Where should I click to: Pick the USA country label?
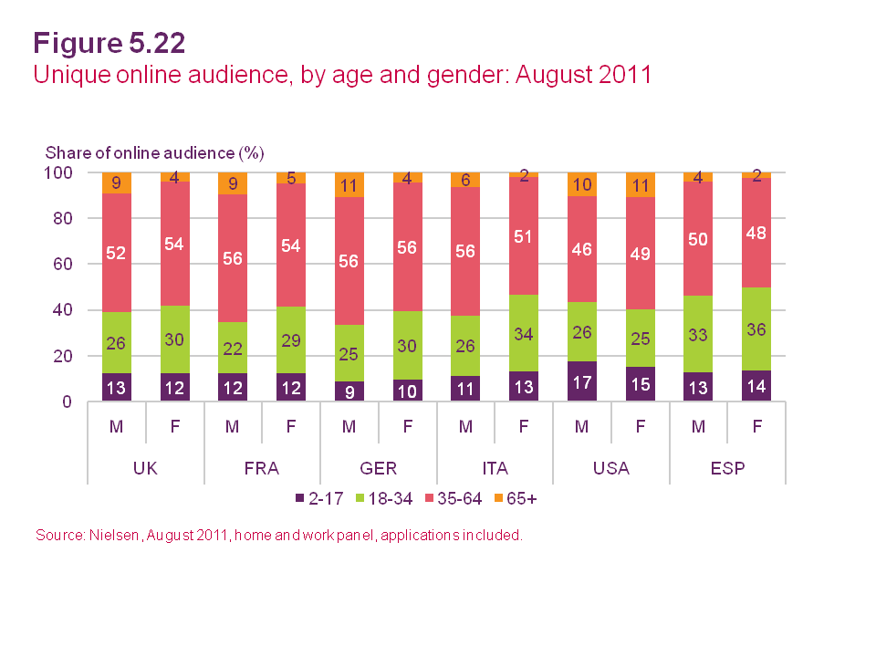(x=610, y=468)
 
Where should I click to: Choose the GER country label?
(x=379, y=468)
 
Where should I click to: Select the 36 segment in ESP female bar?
(x=756, y=328)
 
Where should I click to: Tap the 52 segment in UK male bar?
(x=117, y=253)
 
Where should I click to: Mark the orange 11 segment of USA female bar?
(x=640, y=185)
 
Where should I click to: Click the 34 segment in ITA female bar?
(x=524, y=333)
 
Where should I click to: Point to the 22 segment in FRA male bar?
(x=234, y=348)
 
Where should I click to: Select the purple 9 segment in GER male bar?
(x=349, y=391)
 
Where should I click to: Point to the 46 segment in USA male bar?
(x=582, y=249)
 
